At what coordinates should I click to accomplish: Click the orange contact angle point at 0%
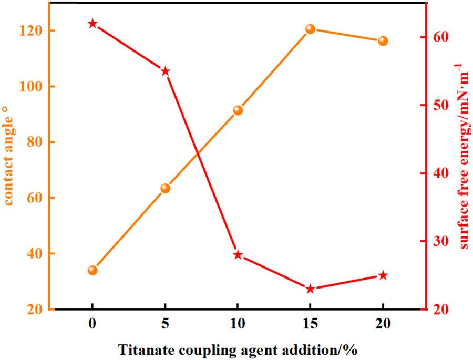[x=92, y=270]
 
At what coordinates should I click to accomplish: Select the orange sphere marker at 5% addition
[x=165, y=188]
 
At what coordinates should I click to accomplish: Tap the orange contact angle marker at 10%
[x=238, y=110]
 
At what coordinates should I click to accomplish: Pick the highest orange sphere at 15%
[x=310, y=29]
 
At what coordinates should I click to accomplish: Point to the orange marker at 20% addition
[x=383, y=41]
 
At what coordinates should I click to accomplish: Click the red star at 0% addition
[x=92, y=24]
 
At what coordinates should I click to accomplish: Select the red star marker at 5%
[x=165, y=71]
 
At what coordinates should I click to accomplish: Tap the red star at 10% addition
[x=238, y=255]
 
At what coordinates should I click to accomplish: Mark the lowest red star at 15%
[x=310, y=289]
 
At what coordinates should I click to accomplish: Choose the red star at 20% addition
[x=383, y=275]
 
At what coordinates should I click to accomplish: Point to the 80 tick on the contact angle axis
[x=34, y=142]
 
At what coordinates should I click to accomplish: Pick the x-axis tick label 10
[x=238, y=325]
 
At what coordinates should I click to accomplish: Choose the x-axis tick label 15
[x=310, y=325]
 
